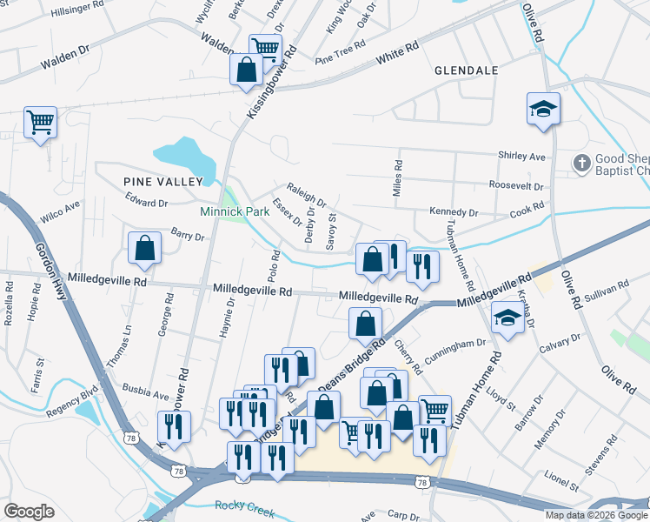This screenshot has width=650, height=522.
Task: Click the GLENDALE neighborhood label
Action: coord(466,70)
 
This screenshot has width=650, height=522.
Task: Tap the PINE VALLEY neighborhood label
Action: coord(162,181)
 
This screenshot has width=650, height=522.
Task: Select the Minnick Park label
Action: coord(235,211)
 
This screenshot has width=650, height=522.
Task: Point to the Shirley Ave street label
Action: coord(521,157)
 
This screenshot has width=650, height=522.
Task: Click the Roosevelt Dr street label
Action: coord(516,186)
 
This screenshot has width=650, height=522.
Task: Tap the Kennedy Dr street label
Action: coord(454,212)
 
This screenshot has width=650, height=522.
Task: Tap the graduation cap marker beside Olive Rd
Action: coord(543,109)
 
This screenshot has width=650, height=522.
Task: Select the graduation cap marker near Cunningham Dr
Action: coord(507,318)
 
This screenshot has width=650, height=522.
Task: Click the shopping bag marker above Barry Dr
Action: coord(144,248)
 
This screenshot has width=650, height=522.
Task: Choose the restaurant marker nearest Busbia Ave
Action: coord(174,426)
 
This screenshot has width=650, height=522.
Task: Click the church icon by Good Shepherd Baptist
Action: coord(581,162)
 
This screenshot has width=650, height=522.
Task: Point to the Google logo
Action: coord(29,512)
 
